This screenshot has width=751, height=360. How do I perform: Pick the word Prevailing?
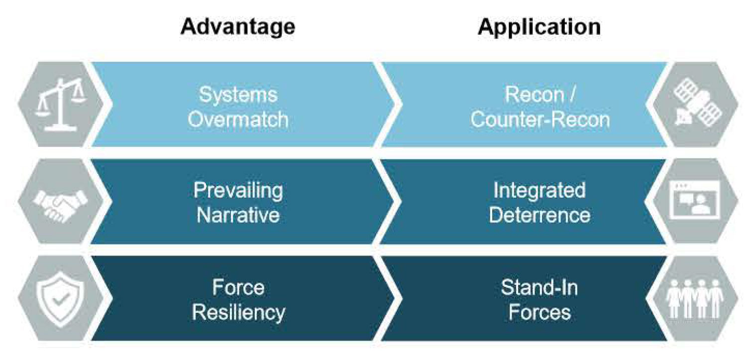tap(238, 190)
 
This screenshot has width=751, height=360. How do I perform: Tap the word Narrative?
tap(238, 215)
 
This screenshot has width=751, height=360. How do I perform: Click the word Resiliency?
tap(238, 312)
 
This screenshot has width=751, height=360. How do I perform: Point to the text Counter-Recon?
tap(540, 120)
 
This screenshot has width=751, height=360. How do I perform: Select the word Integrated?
tap(539, 190)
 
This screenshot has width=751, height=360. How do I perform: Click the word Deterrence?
tap(539, 215)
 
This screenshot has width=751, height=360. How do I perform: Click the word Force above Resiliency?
tap(238, 288)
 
